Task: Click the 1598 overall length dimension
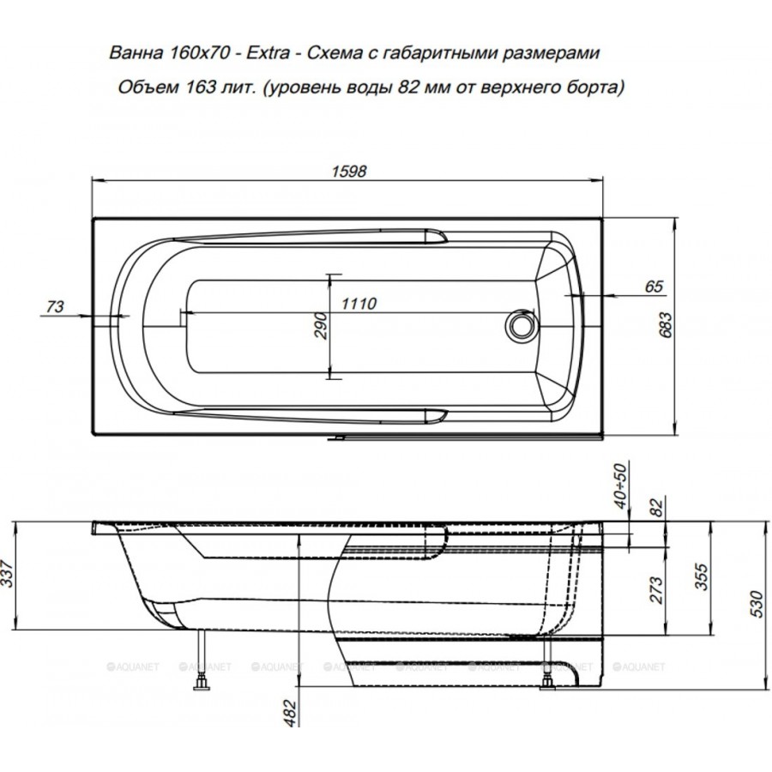click(x=348, y=171)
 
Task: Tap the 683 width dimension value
click(x=665, y=324)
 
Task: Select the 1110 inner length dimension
click(x=359, y=304)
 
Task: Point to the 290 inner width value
click(x=321, y=325)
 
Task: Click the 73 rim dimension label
click(x=55, y=307)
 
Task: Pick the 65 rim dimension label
click(x=654, y=286)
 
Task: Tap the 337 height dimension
click(x=7, y=573)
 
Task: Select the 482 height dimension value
click(x=291, y=713)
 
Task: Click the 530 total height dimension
click(x=757, y=604)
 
